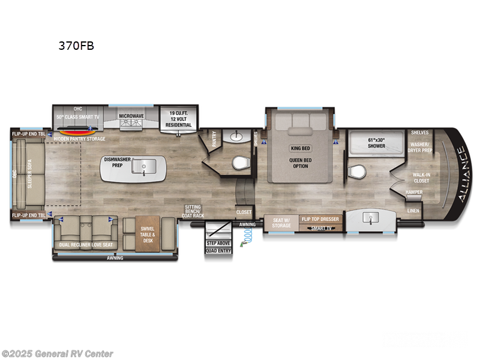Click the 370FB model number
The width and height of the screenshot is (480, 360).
(x=76, y=45)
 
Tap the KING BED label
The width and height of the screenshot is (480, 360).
(x=300, y=148)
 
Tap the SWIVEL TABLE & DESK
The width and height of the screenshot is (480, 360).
(x=148, y=233)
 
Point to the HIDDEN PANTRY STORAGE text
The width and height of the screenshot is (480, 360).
(x=79, y=139)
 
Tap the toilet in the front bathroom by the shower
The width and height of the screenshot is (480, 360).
(x=356, y=171)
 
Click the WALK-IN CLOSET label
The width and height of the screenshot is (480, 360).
(x=421, y=178)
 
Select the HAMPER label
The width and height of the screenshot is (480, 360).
(x=414, y=192)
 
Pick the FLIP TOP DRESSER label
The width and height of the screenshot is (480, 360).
(x=321, y=220)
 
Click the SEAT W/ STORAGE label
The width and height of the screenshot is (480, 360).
(x=281, y=223)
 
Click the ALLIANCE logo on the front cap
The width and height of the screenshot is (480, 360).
(x=458, y=174)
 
